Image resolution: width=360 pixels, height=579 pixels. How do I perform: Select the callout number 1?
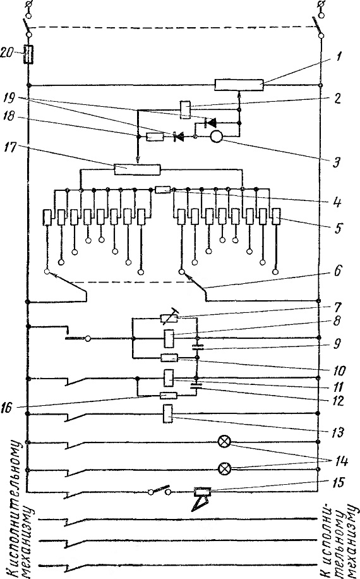[x=339, y=58]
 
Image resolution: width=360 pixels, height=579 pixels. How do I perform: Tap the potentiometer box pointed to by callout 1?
[x=239, y=85]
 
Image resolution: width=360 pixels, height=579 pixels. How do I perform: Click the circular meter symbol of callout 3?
[x=215, y=137]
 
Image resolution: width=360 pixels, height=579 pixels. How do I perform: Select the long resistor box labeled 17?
[x=137, y=169]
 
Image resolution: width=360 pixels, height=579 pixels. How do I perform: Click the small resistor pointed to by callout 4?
[x=162, y=190]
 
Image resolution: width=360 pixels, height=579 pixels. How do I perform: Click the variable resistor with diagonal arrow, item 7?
[x=169, y=317]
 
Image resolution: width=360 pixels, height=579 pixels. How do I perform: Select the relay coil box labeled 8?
[x=169, y=338]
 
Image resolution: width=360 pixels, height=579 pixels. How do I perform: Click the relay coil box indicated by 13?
[x=168, y=413]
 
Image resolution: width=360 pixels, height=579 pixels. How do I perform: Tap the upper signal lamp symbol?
[x=224, y=442]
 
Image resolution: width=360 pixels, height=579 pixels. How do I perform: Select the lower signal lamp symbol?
[x=224, y=469]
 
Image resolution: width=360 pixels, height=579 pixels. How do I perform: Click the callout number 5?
[x=337, y=228]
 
